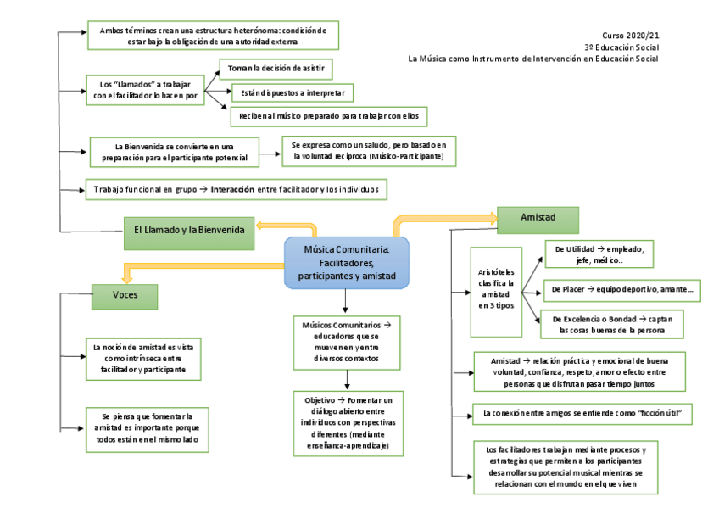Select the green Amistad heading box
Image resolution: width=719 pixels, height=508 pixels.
[x=538, y=219]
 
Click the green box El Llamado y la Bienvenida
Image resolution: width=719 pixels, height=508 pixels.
[x=188, y=232]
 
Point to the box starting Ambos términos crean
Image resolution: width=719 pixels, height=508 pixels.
[x=213, y=36]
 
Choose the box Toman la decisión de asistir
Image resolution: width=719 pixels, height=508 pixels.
[x=276, y=68]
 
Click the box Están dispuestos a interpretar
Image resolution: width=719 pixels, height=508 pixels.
[x=292, y=92]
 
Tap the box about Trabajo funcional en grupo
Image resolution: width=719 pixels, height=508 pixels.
[x=237, y=189]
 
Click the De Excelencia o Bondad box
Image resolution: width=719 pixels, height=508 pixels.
[x=612, y=324]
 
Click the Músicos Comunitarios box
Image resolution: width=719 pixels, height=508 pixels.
[x=347, y=342]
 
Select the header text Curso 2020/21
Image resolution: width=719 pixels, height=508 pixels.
[x=630, y=36]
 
